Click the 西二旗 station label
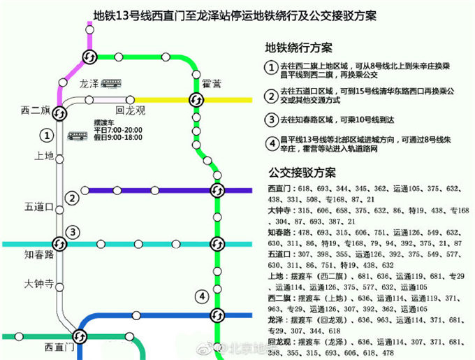click(34, 110)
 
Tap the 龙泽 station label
click(89, 83)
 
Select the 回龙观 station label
click(130, 110)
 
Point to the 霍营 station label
click(211, 83)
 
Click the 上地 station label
click(43, 156)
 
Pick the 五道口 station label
click(39, 206)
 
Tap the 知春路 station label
click(38, 255)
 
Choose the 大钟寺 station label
click(38, 284)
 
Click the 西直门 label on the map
click(59, 346)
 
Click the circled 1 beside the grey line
click(47, 135)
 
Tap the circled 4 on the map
click(202, 296)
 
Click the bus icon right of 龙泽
click(111, 83)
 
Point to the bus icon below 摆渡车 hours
click(77, 136)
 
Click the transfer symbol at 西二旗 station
click(60, 113)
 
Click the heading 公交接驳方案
click(301, 172)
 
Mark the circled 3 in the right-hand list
click(270, 119)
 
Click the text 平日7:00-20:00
click(119, 130)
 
